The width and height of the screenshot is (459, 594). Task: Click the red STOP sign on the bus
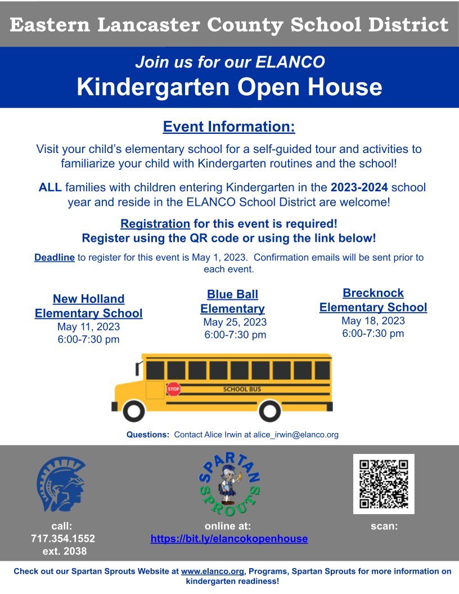point(174,389)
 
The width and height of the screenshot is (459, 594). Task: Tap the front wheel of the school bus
point(134,410)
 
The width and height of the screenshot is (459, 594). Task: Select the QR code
point(384,484)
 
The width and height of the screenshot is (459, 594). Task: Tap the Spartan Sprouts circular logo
point(229,483)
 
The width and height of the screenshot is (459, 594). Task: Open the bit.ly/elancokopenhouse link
point(229,539)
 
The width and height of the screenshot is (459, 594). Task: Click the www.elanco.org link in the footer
point(213,571)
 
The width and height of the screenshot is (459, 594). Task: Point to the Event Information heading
point(229,127)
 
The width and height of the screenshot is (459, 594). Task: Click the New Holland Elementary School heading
point(88,306)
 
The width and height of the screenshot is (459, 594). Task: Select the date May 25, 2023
point(235,322)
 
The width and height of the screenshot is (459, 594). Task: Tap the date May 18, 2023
point(373,321)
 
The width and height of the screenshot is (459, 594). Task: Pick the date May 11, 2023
point(88,327)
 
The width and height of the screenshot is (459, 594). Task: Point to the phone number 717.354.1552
point(62,539)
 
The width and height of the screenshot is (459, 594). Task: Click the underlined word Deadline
point(55,258)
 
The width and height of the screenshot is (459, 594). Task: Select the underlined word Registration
point(155,223)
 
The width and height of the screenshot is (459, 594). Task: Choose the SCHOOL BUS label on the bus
point(242,389)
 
